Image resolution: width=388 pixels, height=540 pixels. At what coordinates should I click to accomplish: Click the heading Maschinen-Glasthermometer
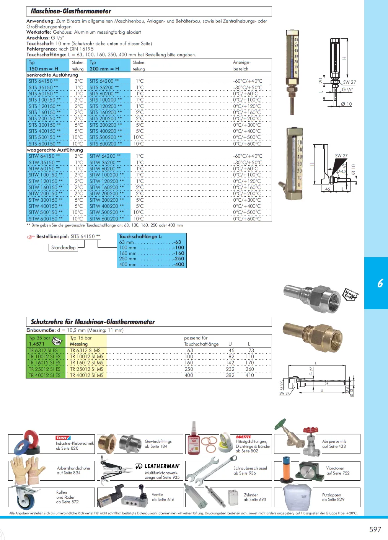pos(71,11)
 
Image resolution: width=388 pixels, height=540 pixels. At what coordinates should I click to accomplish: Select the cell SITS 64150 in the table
pos(43,81)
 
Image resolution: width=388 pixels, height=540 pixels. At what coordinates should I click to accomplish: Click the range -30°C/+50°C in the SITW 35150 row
pos(248,163)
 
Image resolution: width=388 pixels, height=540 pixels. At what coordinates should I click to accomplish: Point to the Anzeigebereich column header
pos(241,65)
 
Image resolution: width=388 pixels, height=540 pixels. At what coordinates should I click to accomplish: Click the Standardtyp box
pos(64,248)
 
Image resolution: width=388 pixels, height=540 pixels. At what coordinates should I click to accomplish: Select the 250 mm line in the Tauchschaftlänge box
pos(152,259)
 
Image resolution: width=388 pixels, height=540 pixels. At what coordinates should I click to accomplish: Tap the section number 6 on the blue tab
pos(380,283)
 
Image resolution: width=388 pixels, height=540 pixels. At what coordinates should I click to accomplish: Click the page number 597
pos(375,529)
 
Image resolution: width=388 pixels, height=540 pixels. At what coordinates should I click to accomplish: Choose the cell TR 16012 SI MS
pos(86,363)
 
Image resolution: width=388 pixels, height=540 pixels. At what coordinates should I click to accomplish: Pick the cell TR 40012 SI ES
pos(44,375)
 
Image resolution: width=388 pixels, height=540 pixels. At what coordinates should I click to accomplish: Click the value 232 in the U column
pos(230,369)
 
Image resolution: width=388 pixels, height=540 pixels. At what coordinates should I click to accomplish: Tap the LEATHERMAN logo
pos(158,466)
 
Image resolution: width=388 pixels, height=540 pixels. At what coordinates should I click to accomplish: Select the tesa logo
pos(63,438)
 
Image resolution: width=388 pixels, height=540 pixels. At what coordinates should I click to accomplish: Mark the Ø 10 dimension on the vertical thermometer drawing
pos(346,104)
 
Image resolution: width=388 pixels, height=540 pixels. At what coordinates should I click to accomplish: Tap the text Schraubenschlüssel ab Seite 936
pos(245,471)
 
